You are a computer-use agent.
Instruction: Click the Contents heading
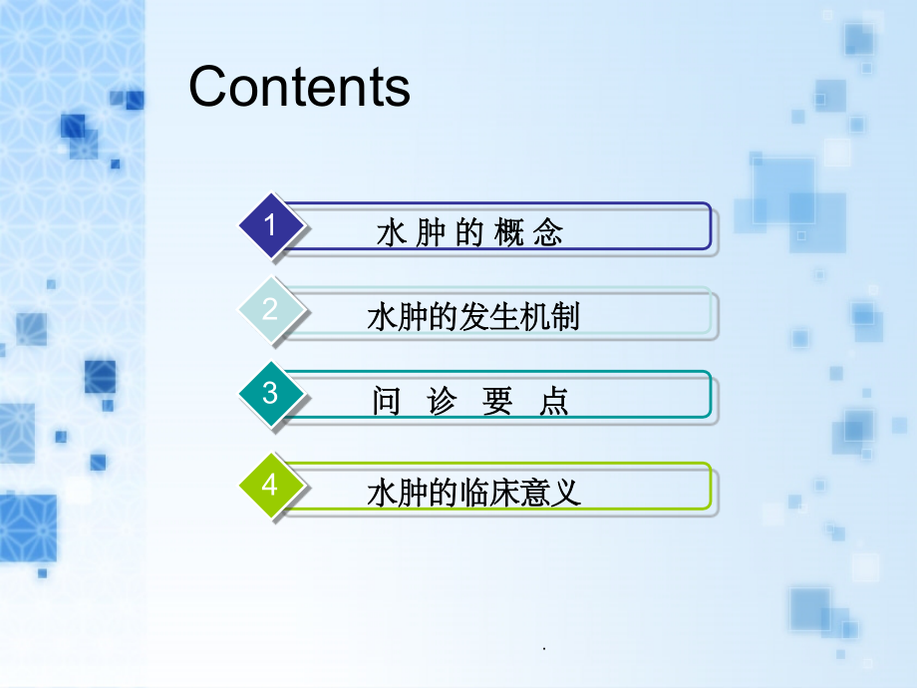tap(299, 87)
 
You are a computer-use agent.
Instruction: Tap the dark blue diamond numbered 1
tap(270, 226)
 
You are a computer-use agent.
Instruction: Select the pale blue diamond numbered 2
tap(270, 310)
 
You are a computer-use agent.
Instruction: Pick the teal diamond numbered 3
tap(270, 394)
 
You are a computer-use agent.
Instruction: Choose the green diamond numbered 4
tap(270, 486)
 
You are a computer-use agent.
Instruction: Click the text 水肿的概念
tap(469, 233)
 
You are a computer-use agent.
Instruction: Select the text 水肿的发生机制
tap(473, 318)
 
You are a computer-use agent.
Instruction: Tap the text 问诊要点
tap(469, 402)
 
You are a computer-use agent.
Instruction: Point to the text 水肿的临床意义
tap(473, 494)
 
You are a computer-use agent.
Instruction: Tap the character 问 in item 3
tap(386, 402)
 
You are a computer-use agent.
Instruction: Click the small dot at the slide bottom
tap(545, 649)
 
